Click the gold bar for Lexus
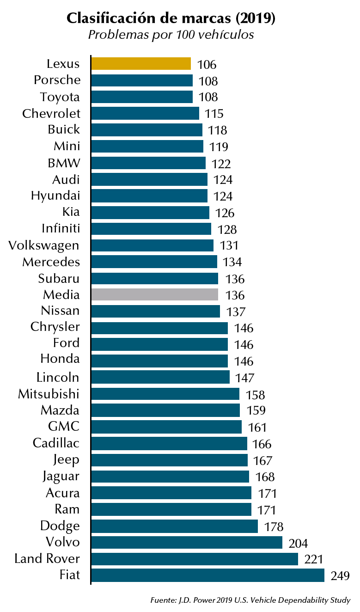(x=141, y=63)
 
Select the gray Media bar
(x=154, y=295)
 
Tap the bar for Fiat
(x=207, y=575)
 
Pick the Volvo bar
(x=187, y=542)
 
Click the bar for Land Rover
(x=195, y=559)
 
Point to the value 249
(x=340, y=576)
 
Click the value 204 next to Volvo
(x=298, y=543)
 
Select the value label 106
(x=207, y=65)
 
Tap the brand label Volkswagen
(x=44, y=245)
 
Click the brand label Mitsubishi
(x=49, y=394)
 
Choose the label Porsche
(x=57, y=80)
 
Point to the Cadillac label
(x=56, y=443)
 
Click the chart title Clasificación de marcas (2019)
(x=171, y=19)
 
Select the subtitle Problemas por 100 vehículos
(x=171, y=35)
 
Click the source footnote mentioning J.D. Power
(x=250, y=600)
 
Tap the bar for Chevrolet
(x=145, y=113)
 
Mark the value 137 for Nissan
(x=236, y=312)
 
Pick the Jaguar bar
(x=170, y=477)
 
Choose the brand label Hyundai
(x=55, y=196)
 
